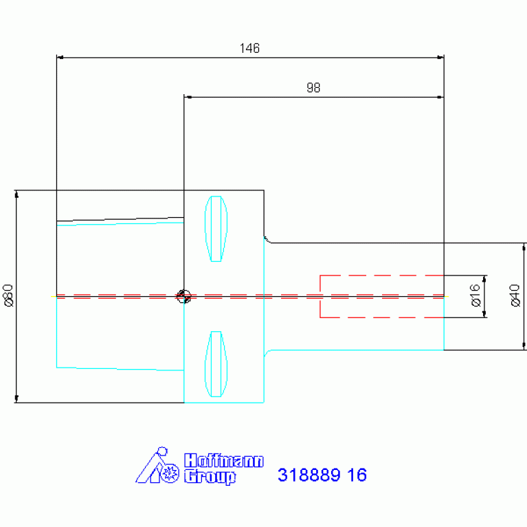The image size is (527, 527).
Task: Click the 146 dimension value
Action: pos(249,48)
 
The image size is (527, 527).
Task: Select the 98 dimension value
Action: pos(313,88)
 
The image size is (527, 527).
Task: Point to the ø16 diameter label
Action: pos(475,295)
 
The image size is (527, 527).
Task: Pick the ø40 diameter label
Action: pos(515,295)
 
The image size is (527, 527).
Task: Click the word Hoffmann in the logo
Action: pos(224,460)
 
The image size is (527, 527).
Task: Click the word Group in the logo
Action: pos(210,477)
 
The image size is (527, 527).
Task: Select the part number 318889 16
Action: pos(322,475)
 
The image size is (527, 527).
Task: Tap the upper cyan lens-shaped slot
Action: pos(216,229)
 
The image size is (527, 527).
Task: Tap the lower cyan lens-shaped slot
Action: pos(216,364)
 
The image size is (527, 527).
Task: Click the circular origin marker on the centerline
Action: pos(183,296)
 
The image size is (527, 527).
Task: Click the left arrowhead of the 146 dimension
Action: pos(60,58)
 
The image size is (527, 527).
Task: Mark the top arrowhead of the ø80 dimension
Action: pos(16,194)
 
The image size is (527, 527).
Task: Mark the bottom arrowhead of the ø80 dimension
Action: pos(16,399)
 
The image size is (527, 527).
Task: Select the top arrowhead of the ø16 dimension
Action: pos(484,279)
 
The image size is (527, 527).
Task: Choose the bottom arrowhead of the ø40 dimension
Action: pos(524,346)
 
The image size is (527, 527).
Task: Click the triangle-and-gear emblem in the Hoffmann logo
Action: pos(157,465)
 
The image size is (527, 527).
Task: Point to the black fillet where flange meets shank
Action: pos(267,240)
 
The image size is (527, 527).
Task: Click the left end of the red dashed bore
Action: pos(320,296)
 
